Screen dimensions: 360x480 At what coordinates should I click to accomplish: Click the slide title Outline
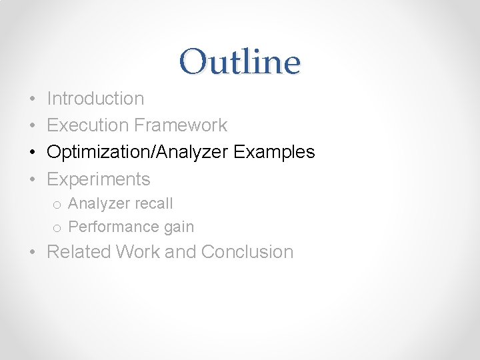[239, 62]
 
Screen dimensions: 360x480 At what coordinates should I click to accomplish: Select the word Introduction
[95, 99]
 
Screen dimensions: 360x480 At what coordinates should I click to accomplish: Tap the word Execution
[88, 125]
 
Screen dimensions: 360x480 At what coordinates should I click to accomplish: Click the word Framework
[181, 125]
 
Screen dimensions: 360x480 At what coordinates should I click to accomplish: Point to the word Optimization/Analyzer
[137, 152]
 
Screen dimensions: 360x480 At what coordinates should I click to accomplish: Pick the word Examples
[274, 152]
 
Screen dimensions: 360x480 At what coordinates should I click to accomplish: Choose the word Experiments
[99, 179]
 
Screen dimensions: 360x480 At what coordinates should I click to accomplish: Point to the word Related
[79, 252]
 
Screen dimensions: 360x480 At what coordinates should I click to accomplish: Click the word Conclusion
[247, 252]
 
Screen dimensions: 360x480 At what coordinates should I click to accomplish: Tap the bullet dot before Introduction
[33, 99]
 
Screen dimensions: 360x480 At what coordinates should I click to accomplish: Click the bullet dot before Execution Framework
[33, 126]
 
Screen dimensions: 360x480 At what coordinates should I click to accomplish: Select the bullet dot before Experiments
[33, 180]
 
